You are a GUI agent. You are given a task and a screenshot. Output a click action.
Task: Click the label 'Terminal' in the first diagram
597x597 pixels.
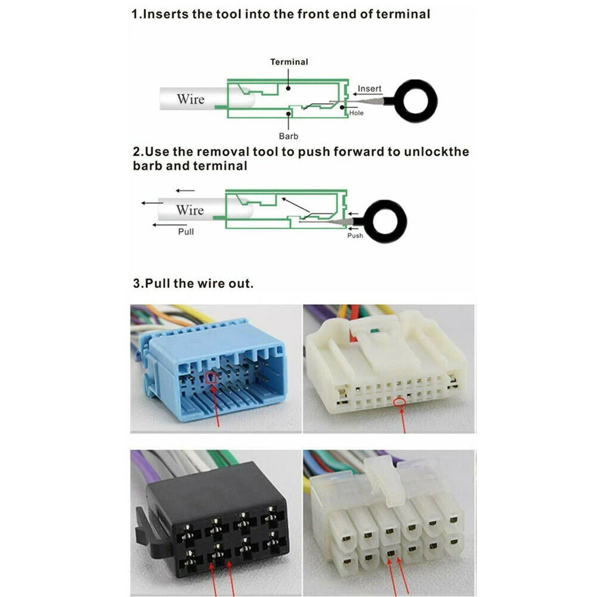pyautogui.click(x=289, y=62)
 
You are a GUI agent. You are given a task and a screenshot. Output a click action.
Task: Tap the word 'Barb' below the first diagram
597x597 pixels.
pyautogui.click(x=289, y=136)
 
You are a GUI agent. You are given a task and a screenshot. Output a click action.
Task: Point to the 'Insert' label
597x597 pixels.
pyautogui.click(x=369, y=89)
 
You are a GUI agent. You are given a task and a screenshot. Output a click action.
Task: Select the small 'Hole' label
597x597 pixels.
pyautogui.click(x=356, y=113)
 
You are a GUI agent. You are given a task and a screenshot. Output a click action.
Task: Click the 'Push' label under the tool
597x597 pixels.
pyautogui.click(x=355, y=236)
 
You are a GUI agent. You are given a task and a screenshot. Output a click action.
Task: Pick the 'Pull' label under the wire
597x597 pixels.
pyautogui.click(x=186, y=231)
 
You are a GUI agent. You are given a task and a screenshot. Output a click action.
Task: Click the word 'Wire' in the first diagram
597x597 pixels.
pyautogui.click(x=190, y=99)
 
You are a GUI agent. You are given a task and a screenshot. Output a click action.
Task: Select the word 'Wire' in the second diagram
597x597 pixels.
pyautogui.click(x=190, y=210)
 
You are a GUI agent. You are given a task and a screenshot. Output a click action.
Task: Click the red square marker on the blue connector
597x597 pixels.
pyautogui.click(x=210, y=377)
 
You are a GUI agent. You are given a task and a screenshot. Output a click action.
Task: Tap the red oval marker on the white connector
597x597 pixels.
pyautogui.click(x=400, y=404)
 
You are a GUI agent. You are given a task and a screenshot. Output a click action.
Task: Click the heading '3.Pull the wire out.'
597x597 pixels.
pyautogui.click(x=193, y=283)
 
